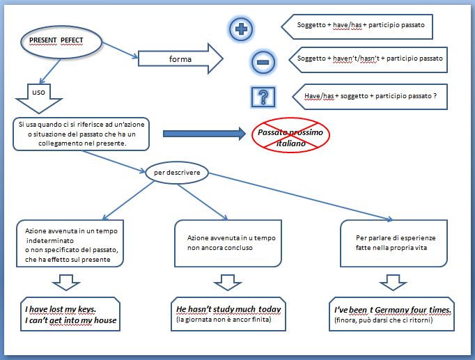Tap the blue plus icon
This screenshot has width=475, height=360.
pos(241,29)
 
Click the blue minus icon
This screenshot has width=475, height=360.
pos(262,62)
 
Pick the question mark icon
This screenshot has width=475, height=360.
pos(263,96)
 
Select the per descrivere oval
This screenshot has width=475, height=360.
pos(176,173)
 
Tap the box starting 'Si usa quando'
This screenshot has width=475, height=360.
pos(81,133)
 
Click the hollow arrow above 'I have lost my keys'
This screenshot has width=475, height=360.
pos(68,282)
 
